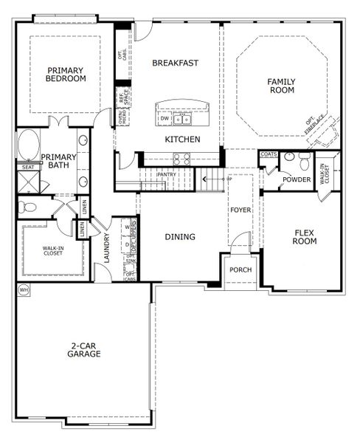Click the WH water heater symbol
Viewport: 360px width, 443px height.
[23, 289]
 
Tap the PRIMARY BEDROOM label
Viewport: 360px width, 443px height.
[65, 75]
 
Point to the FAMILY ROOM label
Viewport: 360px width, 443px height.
[280, 86]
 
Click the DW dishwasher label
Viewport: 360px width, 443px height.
[164, 118]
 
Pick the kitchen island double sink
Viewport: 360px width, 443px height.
[183, 118]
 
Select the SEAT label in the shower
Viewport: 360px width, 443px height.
[28, 168]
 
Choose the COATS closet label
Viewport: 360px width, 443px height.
[268, 154]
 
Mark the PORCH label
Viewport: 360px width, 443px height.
[240, 269]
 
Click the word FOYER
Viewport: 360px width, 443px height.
[240, 210]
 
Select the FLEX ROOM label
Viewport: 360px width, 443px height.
[305, 236]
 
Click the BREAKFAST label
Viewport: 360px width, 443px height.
[175, 63]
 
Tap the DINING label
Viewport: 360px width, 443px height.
[180, 237]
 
